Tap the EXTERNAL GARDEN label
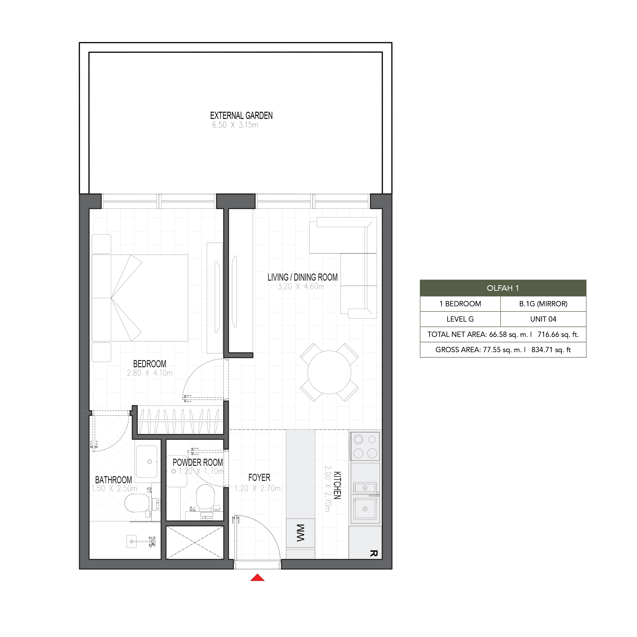click(x=241, y=116)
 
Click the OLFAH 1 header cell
click(x=503, y=288)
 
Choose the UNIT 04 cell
click(x=543, y=319)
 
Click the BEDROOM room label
click(x=150, y=364)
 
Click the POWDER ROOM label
click(x=198, y=463)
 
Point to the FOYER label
click(x=259, y=478)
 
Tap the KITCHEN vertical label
click(x=337, y=485)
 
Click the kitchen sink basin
click(x=365, y=509)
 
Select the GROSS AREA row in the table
click(x=503, y=350)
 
